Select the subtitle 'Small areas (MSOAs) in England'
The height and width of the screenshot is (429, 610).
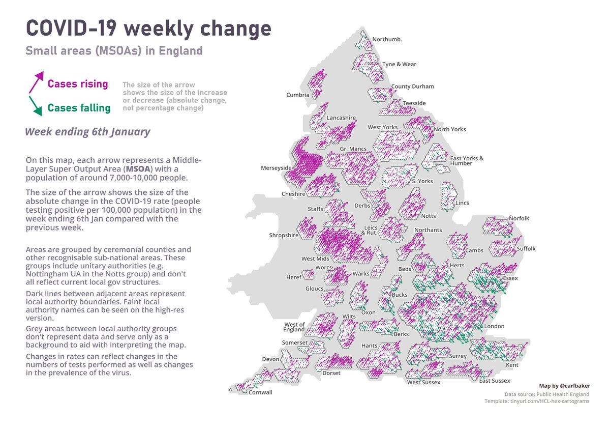114,51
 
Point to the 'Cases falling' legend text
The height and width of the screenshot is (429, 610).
79,108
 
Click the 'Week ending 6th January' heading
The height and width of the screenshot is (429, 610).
87,132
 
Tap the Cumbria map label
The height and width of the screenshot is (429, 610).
297,95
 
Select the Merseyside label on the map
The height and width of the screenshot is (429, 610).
276,168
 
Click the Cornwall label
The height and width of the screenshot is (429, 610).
260,392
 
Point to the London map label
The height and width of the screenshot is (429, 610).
494,326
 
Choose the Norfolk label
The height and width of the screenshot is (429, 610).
519,218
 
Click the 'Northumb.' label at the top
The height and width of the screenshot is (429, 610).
387,39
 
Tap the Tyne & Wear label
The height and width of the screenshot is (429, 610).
399,64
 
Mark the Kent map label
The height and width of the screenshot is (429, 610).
512,365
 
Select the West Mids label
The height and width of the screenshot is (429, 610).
315,259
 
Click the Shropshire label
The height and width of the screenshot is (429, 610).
284,236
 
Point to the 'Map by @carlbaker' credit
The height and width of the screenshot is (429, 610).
564,386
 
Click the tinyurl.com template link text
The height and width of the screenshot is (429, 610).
537,402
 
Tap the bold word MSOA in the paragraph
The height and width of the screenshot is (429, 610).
138,168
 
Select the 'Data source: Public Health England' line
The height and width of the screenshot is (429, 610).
547,394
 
